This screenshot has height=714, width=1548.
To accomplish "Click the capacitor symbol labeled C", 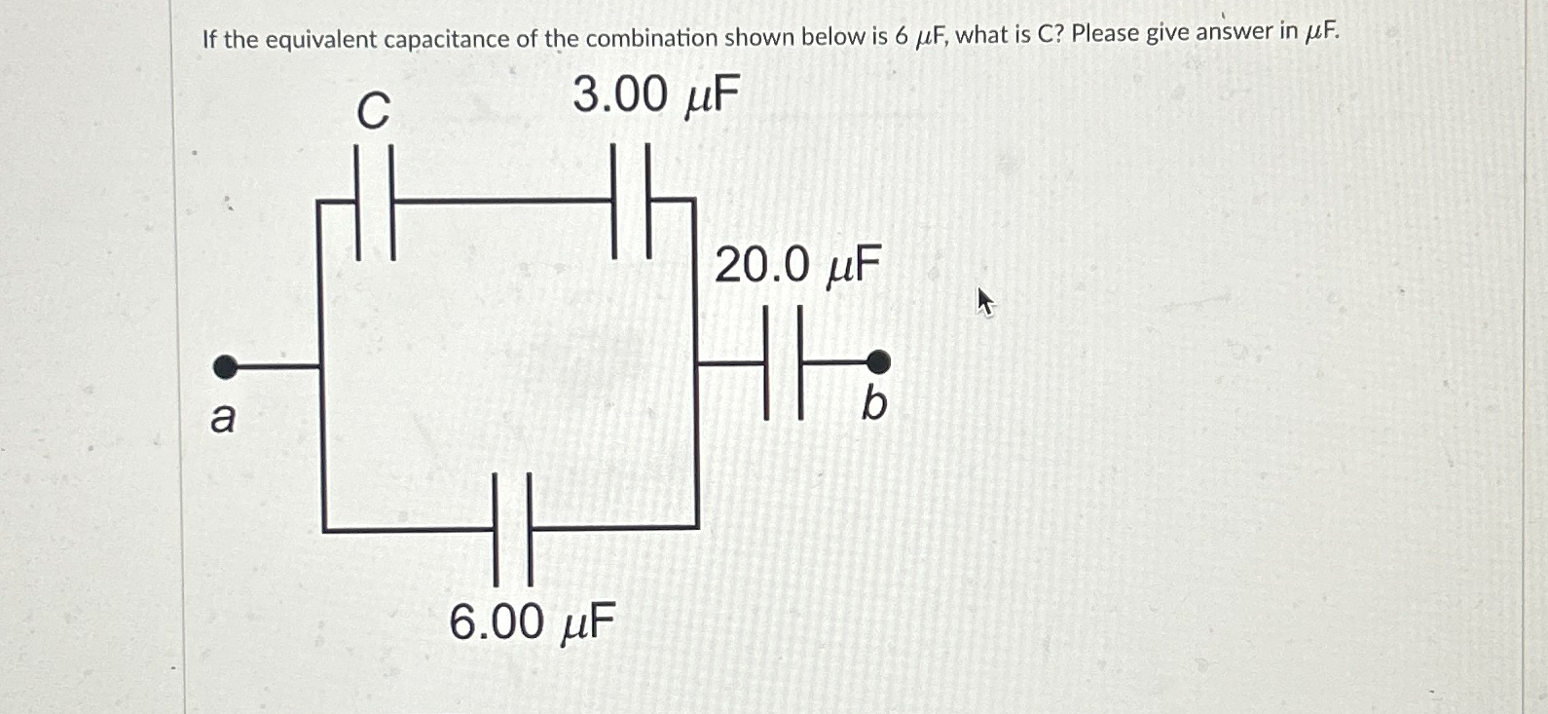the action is tap(375, 203).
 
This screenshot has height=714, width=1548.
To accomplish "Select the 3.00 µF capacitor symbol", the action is tap(632, 201).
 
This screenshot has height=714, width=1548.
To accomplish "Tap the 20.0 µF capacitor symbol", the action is tap(784, 362).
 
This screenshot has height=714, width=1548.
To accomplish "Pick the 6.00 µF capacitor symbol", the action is tap(513, 529).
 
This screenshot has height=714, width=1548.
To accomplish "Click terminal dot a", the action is tap(225, 367).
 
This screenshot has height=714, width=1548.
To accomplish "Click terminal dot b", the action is tap(878, 362).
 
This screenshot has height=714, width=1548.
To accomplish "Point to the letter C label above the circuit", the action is tap(373, 110).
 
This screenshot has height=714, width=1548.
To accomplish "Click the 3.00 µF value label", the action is tap(656, 96).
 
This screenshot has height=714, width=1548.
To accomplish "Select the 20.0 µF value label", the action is tap(797, 265).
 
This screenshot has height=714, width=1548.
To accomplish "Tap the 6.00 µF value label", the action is tap(533, 622).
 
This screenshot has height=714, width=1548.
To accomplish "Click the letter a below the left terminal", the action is tap(223, 419).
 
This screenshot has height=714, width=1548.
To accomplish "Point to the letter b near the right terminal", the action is tap(874, 403).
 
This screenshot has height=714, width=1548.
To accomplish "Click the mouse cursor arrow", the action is tap(985, 301).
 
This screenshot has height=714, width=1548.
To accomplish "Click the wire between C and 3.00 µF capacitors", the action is tap(502, 203).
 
